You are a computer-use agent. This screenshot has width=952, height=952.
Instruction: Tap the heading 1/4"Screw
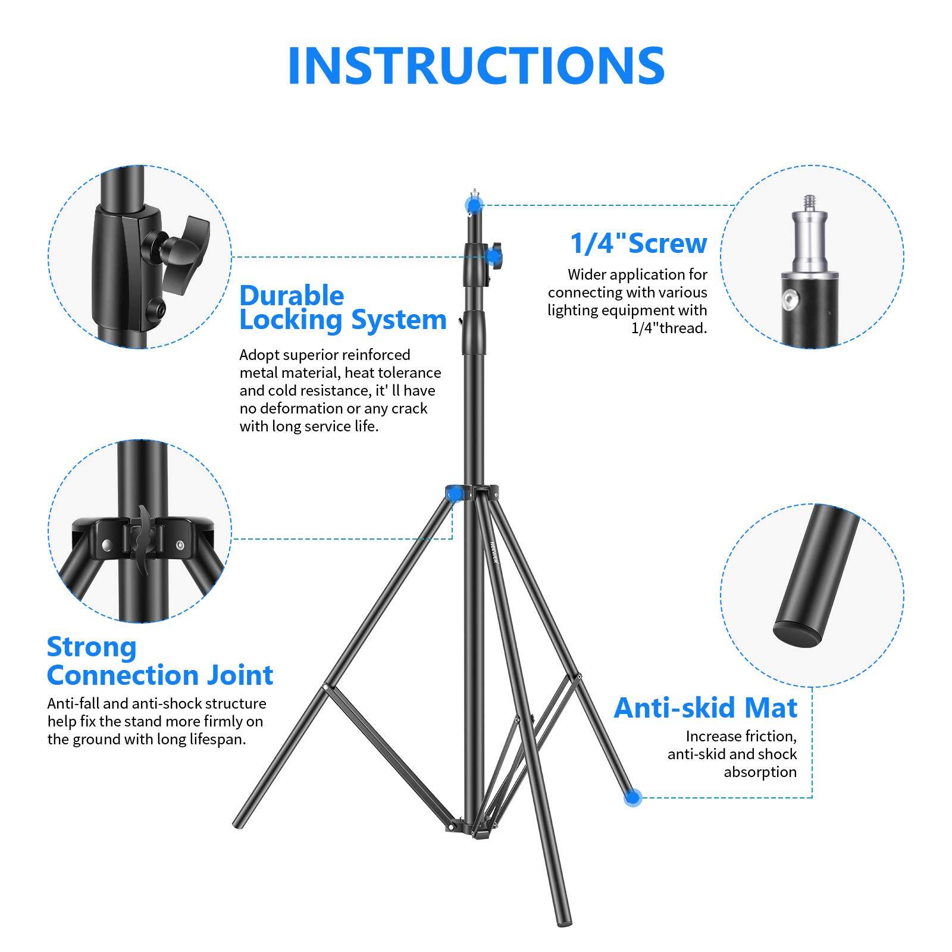(x=638, y=243)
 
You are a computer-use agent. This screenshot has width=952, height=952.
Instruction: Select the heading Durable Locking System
(x=342, y=308)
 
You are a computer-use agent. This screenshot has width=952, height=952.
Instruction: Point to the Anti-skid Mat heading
(x=705, y=707)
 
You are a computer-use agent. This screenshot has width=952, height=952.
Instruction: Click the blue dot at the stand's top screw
(x=474, y=205)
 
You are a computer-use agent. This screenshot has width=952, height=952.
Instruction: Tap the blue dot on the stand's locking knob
(x=493, y=257)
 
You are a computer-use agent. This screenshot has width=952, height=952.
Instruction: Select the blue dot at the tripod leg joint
(x=454, y=493)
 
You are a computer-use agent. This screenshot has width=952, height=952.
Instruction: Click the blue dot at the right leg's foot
(x=633, y=797)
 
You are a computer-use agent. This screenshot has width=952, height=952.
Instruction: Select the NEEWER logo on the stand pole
(x=494, y=553)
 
